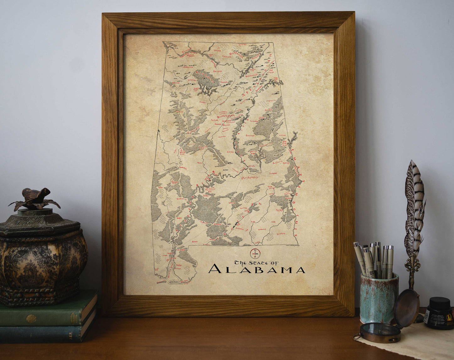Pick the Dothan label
[x=281, y=234]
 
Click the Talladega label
[x=254, y=121]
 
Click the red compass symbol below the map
[x=255, y=253]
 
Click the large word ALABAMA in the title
[x=256, y=269]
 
